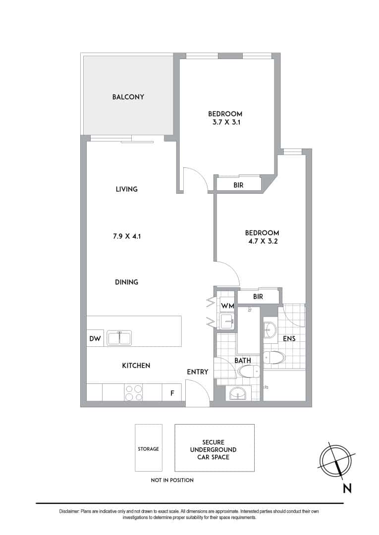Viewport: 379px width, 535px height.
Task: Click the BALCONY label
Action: click(128, 97)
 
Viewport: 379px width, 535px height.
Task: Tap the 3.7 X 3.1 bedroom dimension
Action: click(225, 122)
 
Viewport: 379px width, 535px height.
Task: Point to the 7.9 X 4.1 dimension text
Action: click(126, 236)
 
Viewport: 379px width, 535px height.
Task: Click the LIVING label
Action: click(126, 189)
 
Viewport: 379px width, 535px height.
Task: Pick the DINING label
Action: click(126, 282)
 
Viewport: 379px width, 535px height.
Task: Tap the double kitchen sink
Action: click(119, 338)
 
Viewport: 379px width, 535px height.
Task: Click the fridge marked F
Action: click(172, 393)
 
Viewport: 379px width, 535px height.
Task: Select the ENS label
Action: click(289, 339)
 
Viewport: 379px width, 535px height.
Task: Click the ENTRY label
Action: click(197, 372)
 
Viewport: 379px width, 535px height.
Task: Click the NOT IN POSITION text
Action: click(172, 480)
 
